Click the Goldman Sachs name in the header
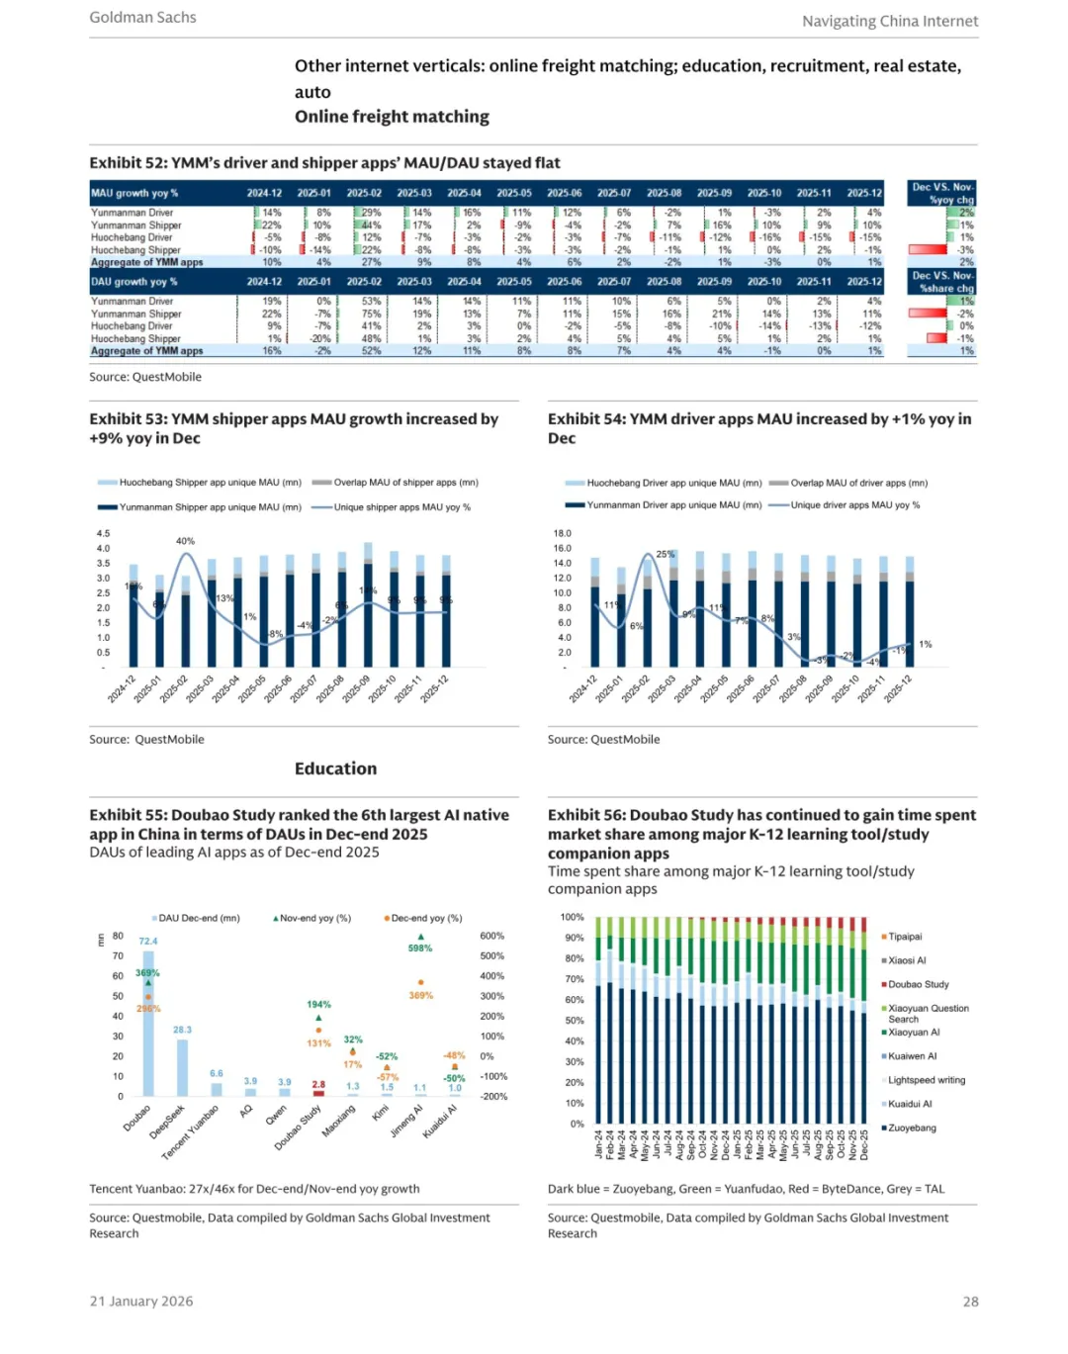[142, 18]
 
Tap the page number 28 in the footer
[970, 1302]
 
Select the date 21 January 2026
[141, 1302]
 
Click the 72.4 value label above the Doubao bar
[148, 942]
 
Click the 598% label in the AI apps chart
[420, 948]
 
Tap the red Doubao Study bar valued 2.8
[318, 1093]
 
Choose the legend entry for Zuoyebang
[911, 1128]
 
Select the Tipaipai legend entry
[904, 937]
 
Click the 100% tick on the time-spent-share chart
[572, 918]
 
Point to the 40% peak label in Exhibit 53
[185, 542]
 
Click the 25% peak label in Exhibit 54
[666, 555]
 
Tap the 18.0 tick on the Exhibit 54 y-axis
[562, 534]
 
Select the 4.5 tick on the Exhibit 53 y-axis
[103, 534]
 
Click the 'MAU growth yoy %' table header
[134, 194]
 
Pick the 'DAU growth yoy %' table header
[134, 282]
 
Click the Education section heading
[335, 768]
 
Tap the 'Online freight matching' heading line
[392, 117]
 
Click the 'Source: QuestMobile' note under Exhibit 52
[145, 377]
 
